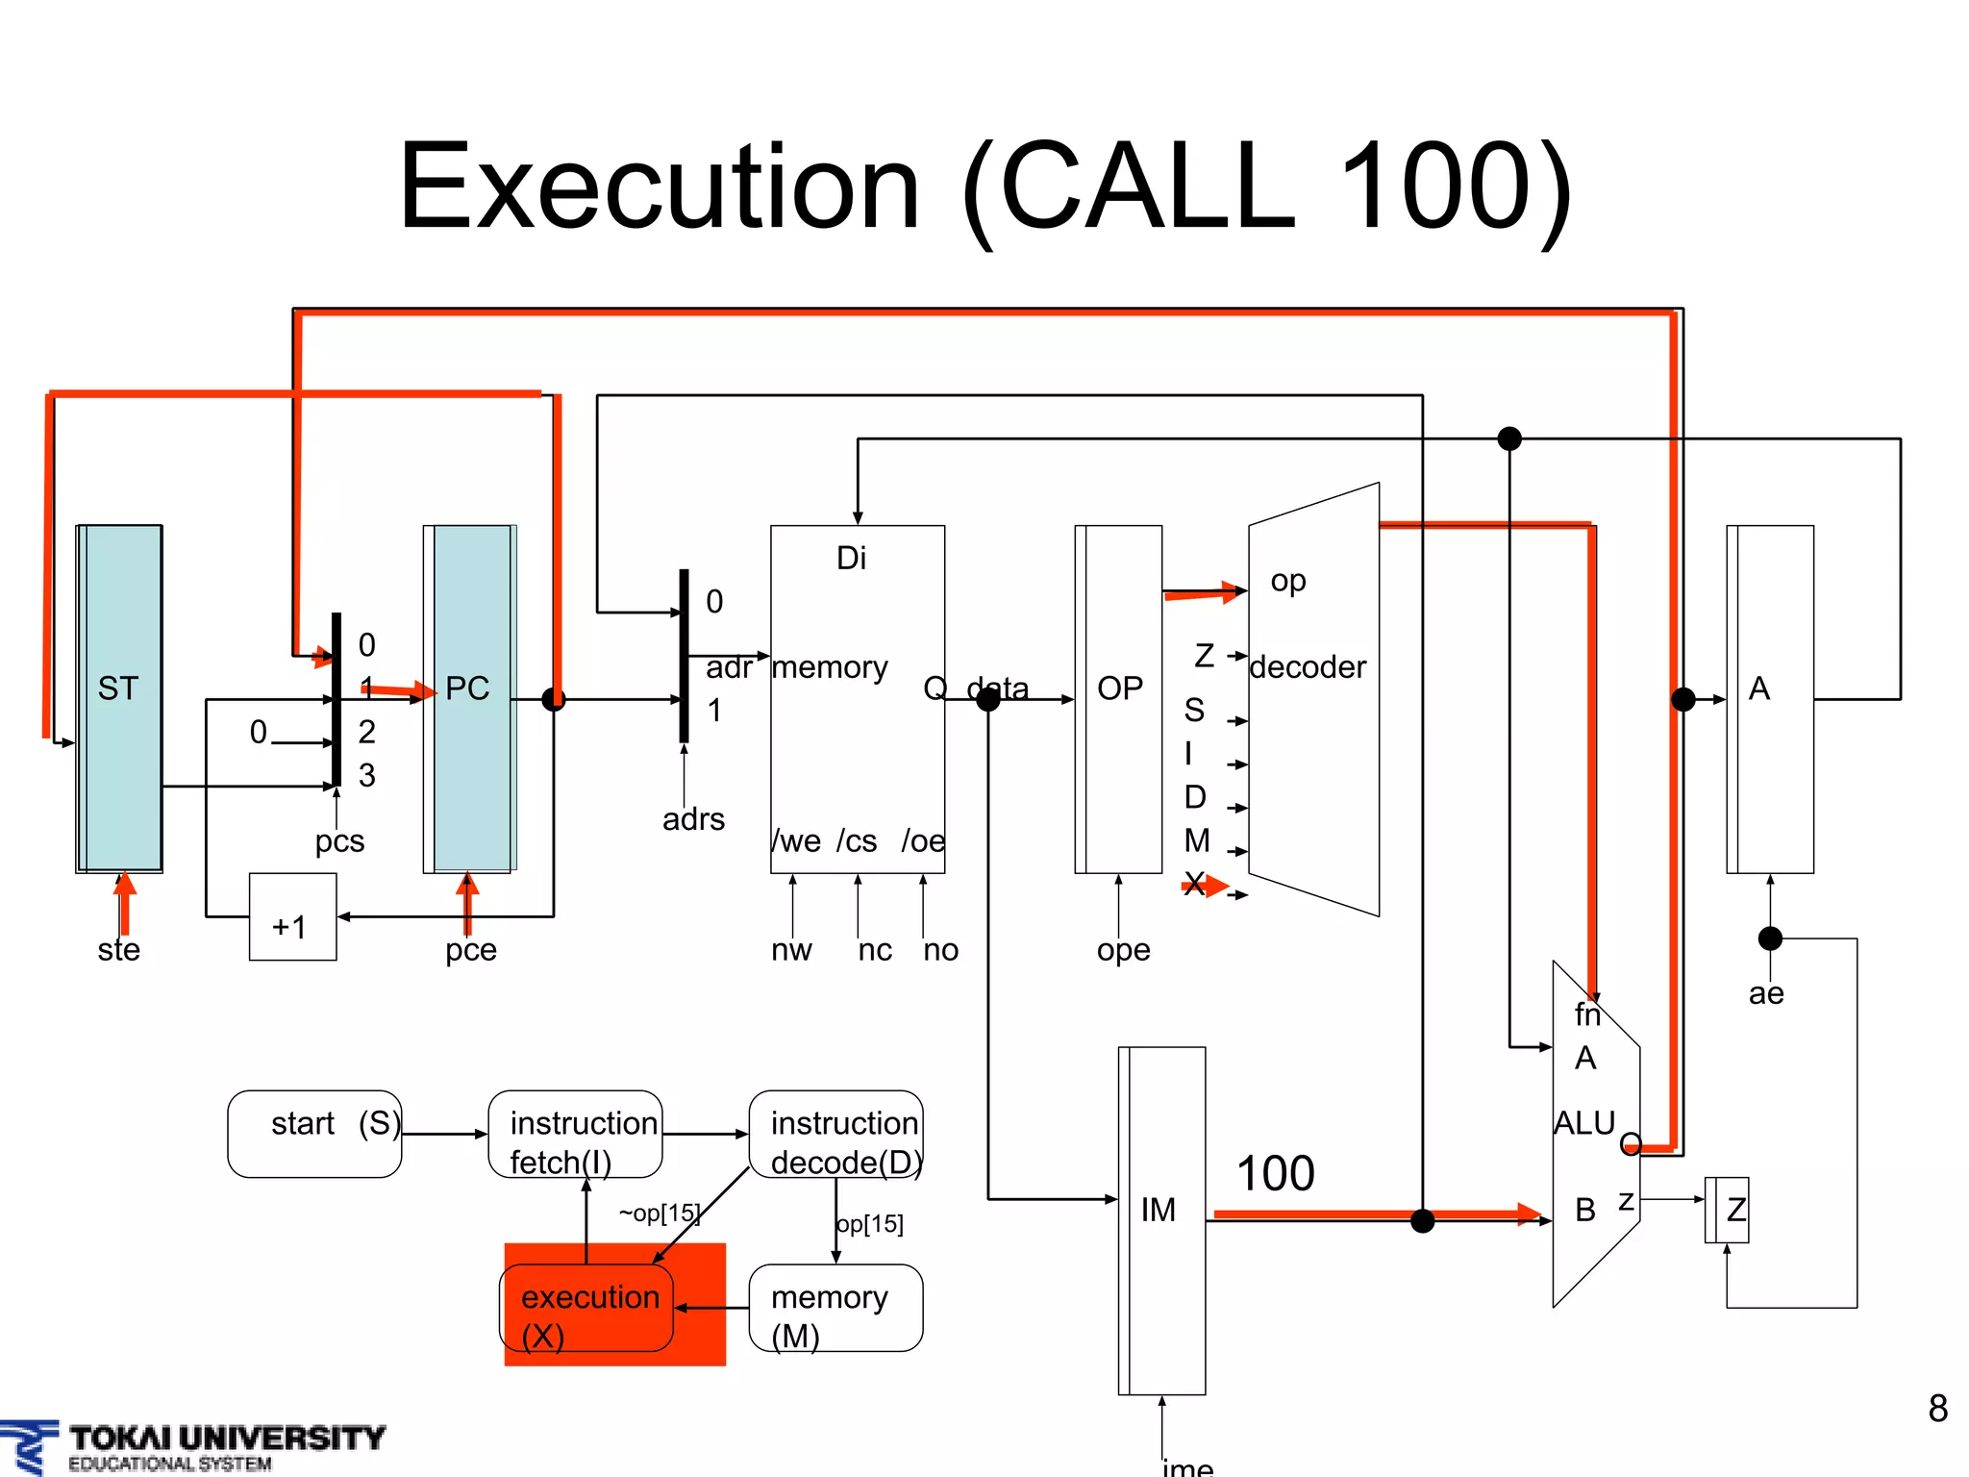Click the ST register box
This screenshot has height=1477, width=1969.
[x=119, y=698]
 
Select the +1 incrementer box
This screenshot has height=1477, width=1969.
[x=292, y=917]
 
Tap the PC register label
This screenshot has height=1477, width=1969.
[x=467, y=688]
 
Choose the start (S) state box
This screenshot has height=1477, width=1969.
[x=314, y=1134]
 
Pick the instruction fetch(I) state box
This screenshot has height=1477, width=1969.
[x=575, y=1134]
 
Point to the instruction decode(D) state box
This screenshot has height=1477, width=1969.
[x=835, y=1134]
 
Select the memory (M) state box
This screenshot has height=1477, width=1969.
[x=835, y=1308]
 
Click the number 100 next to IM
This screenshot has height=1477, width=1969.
[x=1275, y=1173]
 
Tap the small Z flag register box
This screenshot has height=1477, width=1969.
[x=1728, y=1210]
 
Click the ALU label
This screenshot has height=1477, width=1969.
[x=1584, y=1122]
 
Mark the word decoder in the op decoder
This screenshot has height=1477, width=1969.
[x=1308, y=666]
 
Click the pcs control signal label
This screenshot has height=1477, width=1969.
[x=339, y=840]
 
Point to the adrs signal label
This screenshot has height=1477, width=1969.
[x=693, y=819]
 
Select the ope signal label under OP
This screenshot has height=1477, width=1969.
[x=1123, y=949]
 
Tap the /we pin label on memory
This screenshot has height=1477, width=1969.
[x=796, y=840]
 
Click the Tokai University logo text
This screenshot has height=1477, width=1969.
[x=227, y=1439]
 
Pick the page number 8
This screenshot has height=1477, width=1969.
[x=1937, y=1409]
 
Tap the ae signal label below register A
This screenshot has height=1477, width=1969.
[x=1766, y=992]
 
